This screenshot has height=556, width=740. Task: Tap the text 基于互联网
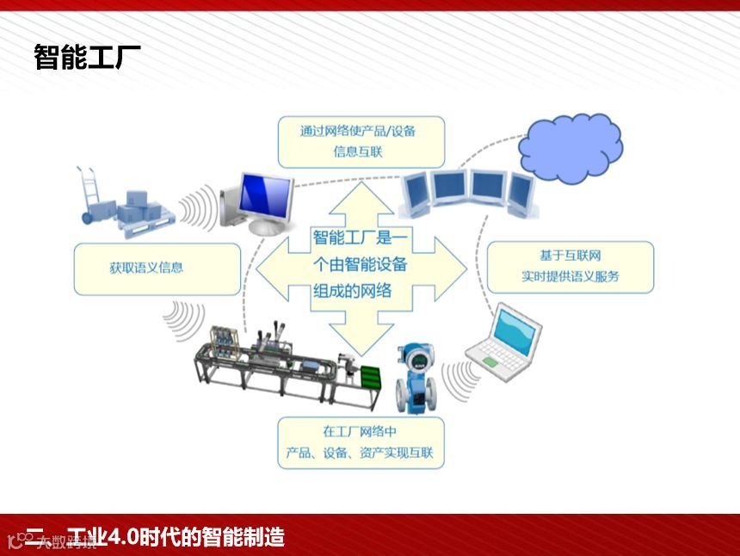point(570,256)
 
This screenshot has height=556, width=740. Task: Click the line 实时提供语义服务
point(570,277)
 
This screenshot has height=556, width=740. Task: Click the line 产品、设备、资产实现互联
point(361,453)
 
